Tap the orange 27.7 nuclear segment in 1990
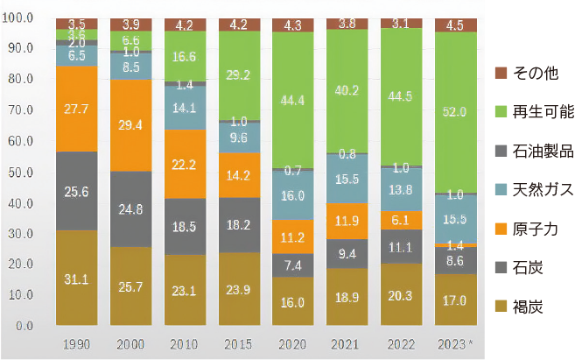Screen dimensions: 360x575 (x=76, y=109)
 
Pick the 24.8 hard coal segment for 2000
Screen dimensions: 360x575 (x=130, y=208)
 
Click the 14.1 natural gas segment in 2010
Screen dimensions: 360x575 (x=184, y=109)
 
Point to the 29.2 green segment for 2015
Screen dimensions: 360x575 (x=238, y=75)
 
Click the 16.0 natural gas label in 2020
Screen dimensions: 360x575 (x=292, y=196)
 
